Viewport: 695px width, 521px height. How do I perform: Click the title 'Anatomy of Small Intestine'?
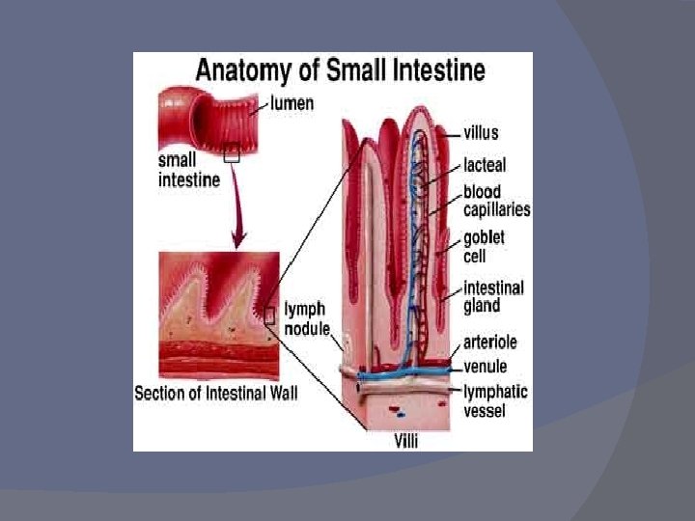click(x=341, y=70)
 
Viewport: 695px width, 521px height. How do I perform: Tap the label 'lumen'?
click(x=292, y=102)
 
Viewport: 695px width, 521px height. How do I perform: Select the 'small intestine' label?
click(x=188, y=171)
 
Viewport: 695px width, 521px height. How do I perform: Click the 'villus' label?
click(x=481, y=132)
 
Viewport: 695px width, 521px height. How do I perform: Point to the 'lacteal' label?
click(x=484, y=165)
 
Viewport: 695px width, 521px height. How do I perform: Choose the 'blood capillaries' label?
click(x=496, y=201)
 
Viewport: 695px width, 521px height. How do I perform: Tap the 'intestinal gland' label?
click(x=493, y=296)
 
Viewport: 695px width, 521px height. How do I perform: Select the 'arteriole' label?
click(x=489, y=343)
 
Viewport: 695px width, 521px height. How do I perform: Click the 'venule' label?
click(x=486, y=367)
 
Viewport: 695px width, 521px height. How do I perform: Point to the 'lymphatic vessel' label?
click(x=495, y=400)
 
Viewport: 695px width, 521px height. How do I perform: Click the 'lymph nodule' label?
click(x=304, y=318)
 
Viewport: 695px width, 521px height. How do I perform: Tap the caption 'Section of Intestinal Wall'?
click(x=215, y=394)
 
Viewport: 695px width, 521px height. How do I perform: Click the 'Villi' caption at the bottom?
click(x=406, y=441)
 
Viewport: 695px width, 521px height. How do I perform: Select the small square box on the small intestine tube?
click(x=232, y=152)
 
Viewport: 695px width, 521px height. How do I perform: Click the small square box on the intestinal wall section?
click(x=269, y=315)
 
